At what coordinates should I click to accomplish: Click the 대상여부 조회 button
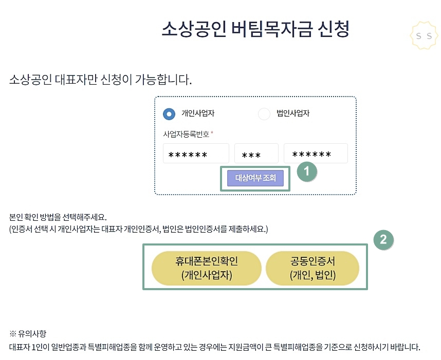pyautogui.click(x=255, y=178)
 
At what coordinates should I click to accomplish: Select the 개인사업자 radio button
pyautogui.click(x=169, y=113)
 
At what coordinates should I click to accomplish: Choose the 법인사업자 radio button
pyautogui.click(x=264, y=113)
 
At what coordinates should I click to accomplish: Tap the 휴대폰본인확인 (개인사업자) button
pyautogui.click(x=207, y=268)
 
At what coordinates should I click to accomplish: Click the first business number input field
pyautogui.click(x=196, y=154)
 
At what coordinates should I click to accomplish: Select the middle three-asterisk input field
pyautogui.click(x=256, y=154)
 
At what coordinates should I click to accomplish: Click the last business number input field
pyautogui.click(x=316, y=154)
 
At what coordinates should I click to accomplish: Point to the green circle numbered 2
pyautogui.click(x=383, y=239)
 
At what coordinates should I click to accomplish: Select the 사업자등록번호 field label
pyautogui.click(x=186, y=134)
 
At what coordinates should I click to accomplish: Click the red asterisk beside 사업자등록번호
pyautogui.click(x=212, y=133)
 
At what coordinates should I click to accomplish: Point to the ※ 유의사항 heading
pyautogui.click(x=28, y=333)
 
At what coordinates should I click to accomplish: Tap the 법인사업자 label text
pyautogui.click(x=293, y=113)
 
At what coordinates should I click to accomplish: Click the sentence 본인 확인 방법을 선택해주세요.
pyautogui.click(x=58, y=217)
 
